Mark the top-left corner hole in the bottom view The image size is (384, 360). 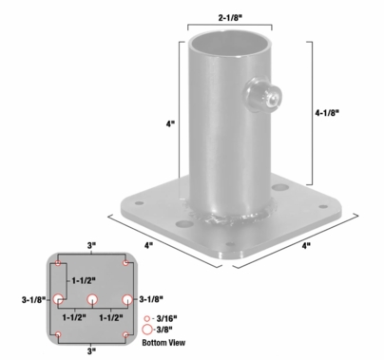[x=60, y=263]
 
